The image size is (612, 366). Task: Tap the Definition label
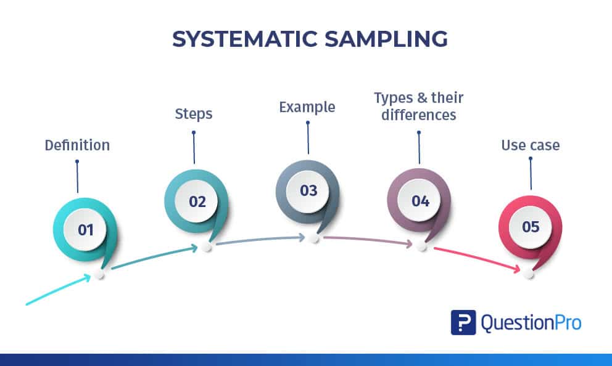point(77,145)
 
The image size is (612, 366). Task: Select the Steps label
point(194,114)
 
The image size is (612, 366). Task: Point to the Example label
point(307,107)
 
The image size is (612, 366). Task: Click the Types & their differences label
point(419,106)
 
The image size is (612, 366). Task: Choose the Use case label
point(531,145)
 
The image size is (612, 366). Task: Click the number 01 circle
point(85,230)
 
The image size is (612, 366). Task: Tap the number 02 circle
point(197,201)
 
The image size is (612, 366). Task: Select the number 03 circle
point(308,190)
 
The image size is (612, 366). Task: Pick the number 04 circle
point(420,201)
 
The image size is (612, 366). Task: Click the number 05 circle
point(531,227)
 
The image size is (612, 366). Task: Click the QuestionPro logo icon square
point(463,322)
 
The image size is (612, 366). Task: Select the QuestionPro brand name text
point(531,322)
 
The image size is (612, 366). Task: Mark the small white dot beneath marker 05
point(529,274)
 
